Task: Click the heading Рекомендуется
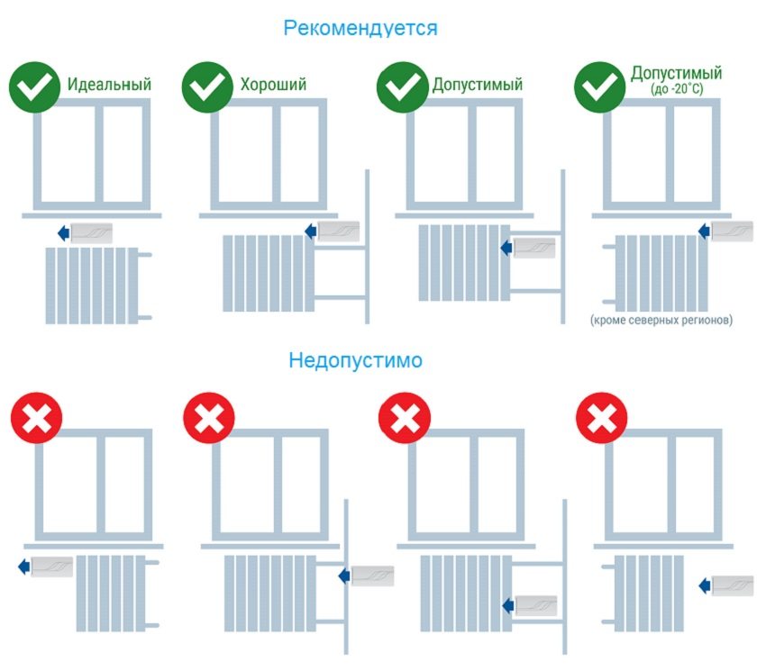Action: [360, 28]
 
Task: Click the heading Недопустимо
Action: [355, 361]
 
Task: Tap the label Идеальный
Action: [109, 85]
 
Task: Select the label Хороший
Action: [273, 85]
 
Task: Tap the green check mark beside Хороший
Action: [208, 86]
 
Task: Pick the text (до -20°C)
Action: [676, 90]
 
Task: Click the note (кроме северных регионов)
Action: [661, 320]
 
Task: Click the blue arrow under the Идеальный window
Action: [63, 233]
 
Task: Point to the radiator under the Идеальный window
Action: [92, 285]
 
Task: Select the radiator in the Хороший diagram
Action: [264, 272]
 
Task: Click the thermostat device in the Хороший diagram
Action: [338, 231]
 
